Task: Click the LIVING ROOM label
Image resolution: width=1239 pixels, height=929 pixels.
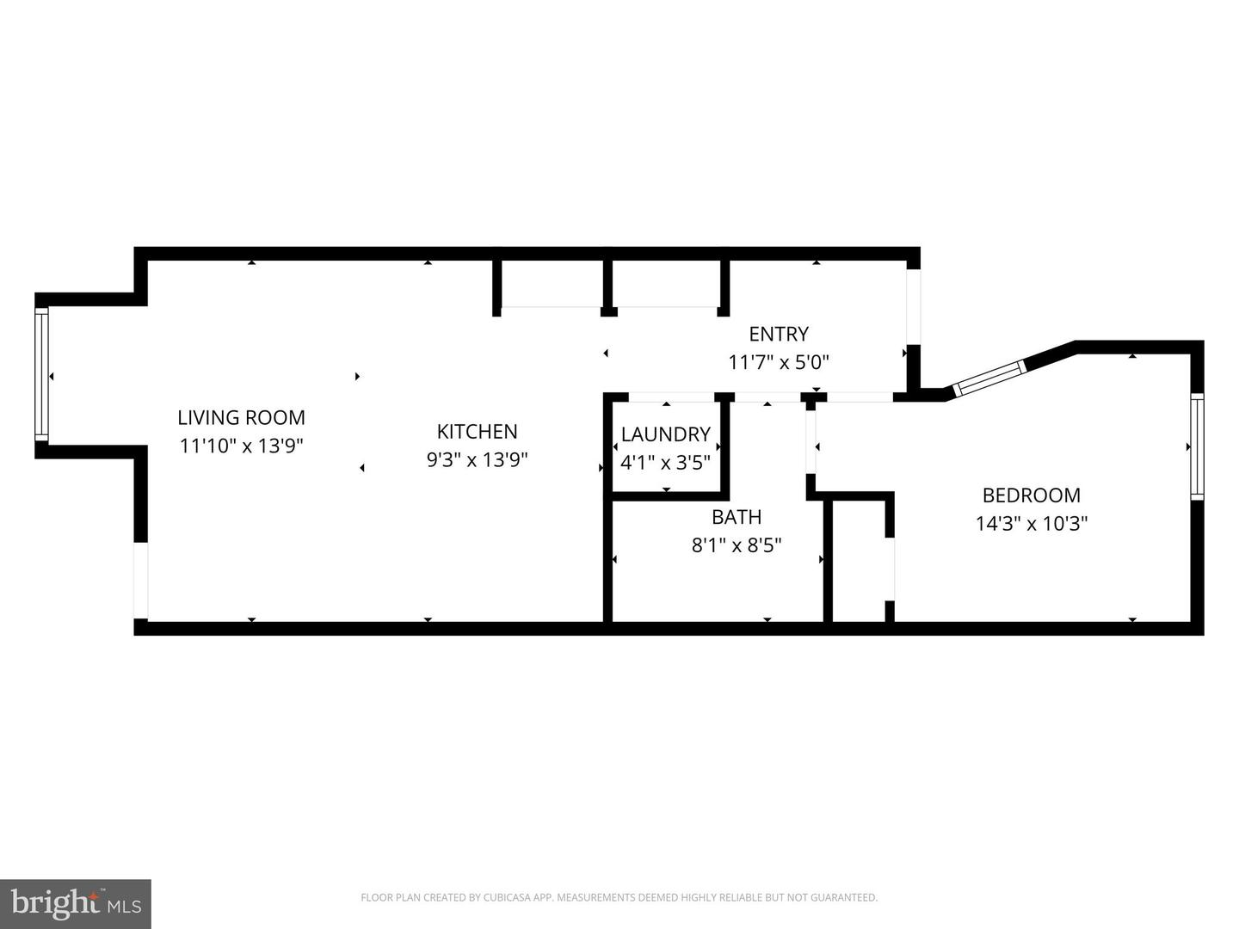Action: coord(241,417)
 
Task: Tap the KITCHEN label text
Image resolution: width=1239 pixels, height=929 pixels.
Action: coord(477,431)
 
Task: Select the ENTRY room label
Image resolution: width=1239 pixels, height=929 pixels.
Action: coord(778,334)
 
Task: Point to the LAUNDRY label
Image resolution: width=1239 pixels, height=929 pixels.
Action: coord(665,434)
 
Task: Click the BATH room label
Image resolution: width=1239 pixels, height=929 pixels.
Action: coord(736,517)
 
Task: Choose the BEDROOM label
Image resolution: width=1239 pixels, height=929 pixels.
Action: coord(1031,495)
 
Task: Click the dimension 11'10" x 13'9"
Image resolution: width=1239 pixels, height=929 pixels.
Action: coord(241,446)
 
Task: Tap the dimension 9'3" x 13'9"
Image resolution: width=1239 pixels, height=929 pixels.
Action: coord(477,459)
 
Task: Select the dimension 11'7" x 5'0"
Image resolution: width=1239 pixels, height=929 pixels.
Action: coord(778,362)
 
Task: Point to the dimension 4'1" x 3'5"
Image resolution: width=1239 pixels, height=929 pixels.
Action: coord(665,462)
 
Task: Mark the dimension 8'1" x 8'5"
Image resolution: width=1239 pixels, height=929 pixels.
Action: coord(736,544)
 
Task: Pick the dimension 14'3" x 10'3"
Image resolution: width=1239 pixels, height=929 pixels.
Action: coord(1031,523)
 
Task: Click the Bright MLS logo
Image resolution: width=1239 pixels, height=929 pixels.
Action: coord(76,903)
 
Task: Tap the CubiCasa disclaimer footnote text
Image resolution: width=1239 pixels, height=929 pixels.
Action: coord(619,898)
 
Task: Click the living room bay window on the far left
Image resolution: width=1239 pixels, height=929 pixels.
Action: coord(41,375)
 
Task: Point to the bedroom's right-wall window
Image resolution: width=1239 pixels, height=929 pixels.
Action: coord(1197,446)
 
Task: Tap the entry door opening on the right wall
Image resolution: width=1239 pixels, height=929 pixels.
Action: coord(913,306)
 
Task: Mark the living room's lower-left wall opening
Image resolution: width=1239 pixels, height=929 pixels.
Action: coord(140,581)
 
